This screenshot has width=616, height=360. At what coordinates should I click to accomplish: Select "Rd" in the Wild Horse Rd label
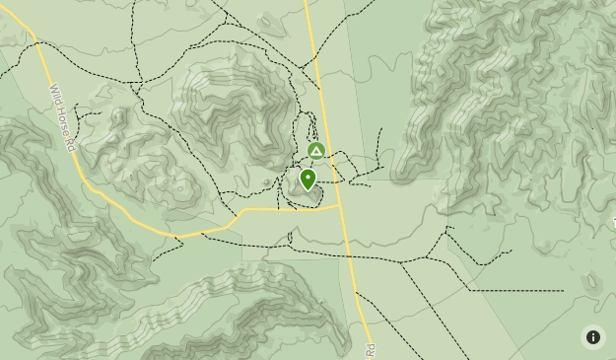point(71,142)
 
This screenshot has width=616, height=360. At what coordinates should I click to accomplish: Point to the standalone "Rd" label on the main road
point(371,350)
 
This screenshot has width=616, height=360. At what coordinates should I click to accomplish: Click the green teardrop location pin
point(308,180)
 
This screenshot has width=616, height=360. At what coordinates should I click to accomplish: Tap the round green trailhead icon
point(315,151)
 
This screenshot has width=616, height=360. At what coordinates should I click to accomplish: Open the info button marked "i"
point(592,337)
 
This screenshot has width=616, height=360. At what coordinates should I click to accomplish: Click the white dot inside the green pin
point(308,178)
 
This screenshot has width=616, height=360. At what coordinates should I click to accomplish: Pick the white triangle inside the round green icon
point(315,151)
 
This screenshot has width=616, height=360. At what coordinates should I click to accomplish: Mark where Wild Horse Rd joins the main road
point(340,208)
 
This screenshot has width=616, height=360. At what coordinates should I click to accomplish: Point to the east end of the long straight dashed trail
point(563,291)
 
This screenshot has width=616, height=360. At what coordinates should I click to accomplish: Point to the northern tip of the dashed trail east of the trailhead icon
point(380,129)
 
